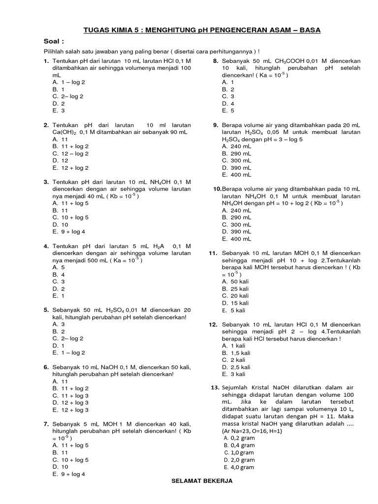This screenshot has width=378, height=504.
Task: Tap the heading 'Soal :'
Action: pyautogui.click(x=55, y=42)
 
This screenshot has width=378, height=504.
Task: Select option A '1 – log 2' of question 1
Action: pyautogui.click(x=68, y=82)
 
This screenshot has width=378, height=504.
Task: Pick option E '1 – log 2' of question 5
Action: pyautogui.click(x=68, y=352)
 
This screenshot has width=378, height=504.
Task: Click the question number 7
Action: pyautogui.click(x=46, y=424)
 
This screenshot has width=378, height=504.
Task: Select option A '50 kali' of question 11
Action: pyautogui.click(x=235, y=281)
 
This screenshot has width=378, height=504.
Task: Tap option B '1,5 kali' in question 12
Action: pyautogui.click(x=236, y=353)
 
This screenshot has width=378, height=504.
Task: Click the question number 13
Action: pyautogui.click(x=214, y=388)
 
